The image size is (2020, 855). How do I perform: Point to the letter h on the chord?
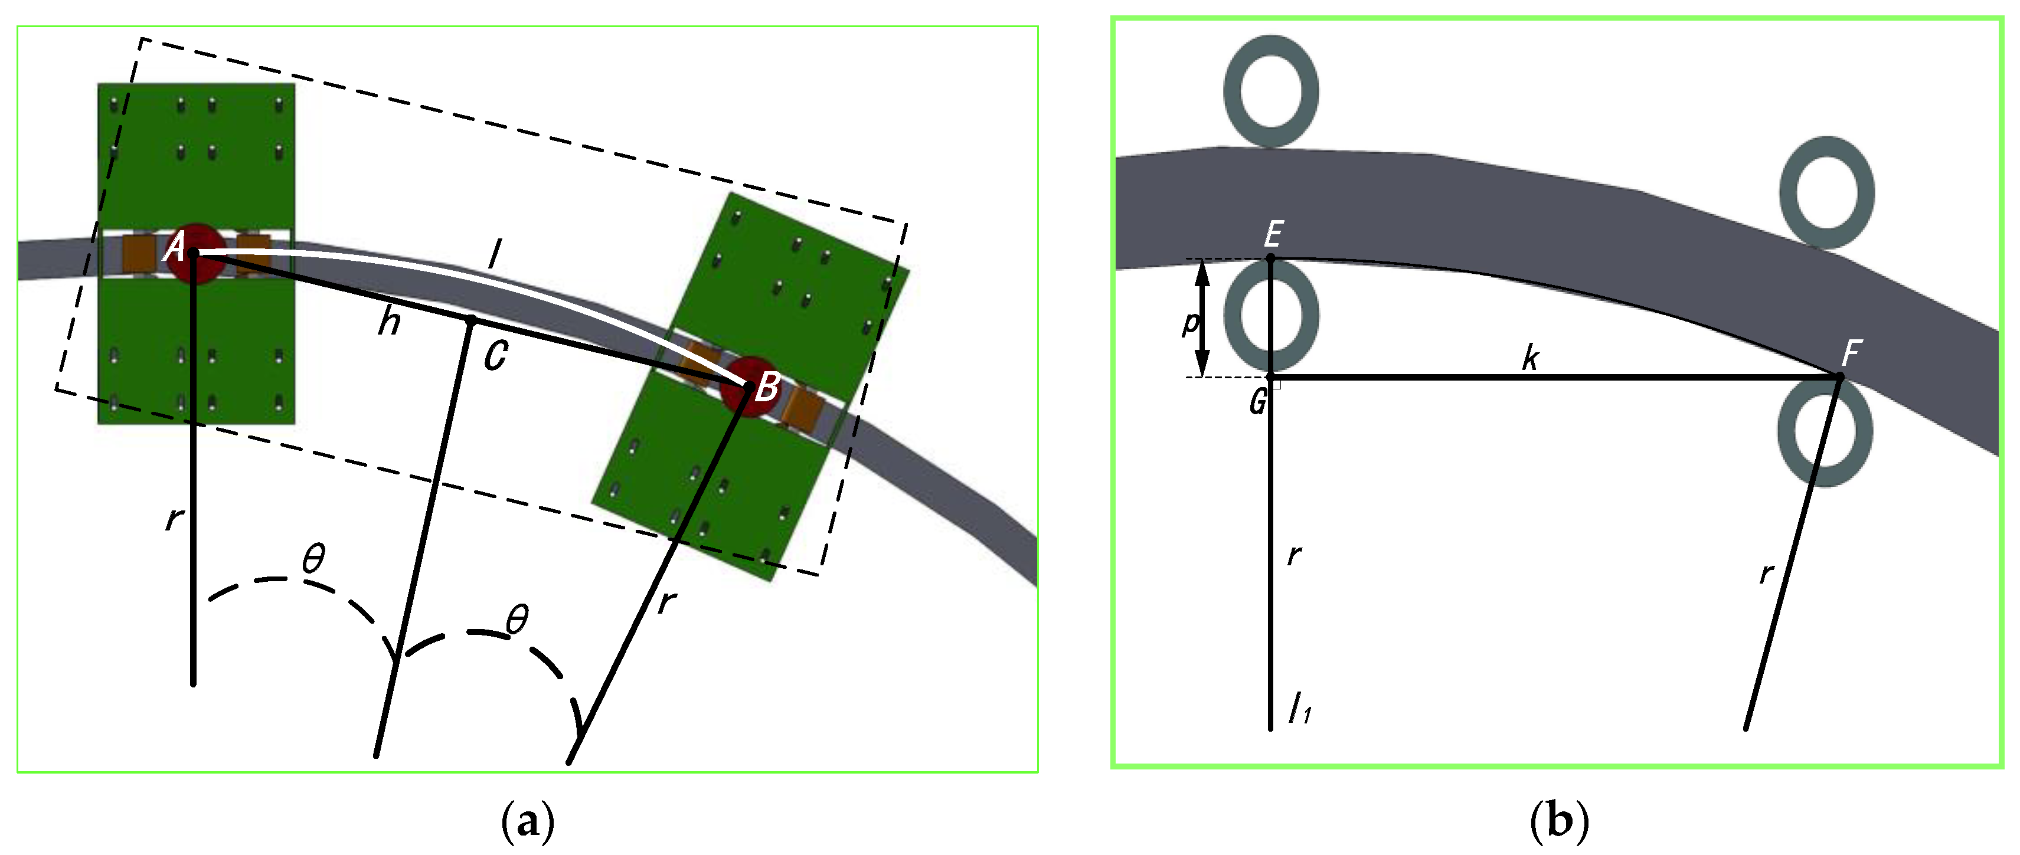pos(389,322)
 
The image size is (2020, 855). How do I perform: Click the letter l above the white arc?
pos(494,255)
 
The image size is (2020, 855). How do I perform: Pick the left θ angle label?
pos(313,559)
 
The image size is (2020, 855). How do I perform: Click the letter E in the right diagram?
pos(1273,234)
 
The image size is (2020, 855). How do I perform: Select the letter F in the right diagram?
pos(1851,353)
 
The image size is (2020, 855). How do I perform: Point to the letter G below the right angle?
pos(1259,402)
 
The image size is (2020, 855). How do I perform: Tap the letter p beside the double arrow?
pos(1191,322)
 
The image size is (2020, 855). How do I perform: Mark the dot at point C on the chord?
pos(471,320)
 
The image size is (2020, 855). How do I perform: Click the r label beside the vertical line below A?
pos(174,518)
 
